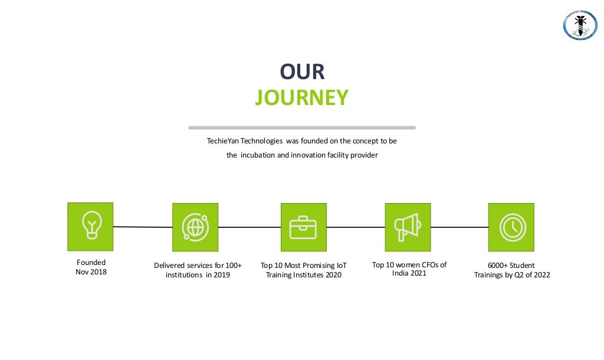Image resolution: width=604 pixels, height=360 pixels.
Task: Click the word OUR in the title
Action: tap(302, 72)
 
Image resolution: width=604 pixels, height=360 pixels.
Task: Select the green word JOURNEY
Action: tap(301, 97)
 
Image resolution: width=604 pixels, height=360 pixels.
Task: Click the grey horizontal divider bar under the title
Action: tap(301, 127)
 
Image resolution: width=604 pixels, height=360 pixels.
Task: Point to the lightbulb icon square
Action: tap(90, 225)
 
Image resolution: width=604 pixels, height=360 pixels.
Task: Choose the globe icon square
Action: tap(195, 227)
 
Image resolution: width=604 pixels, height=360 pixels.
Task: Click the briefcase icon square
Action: tap(303, 227)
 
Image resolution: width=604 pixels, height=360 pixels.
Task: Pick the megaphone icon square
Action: tap(408, 227)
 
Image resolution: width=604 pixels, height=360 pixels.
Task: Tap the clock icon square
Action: tap(511, 227)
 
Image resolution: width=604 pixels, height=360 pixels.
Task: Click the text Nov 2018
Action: tap(91, 272)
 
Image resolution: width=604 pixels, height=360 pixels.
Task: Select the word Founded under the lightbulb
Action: tap(91, 262)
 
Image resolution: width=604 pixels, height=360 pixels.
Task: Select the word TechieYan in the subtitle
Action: tap(223, 141)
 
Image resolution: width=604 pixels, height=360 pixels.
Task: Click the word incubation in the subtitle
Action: tap(260, 155)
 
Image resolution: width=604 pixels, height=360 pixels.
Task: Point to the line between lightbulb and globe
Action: tap(142, 227)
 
